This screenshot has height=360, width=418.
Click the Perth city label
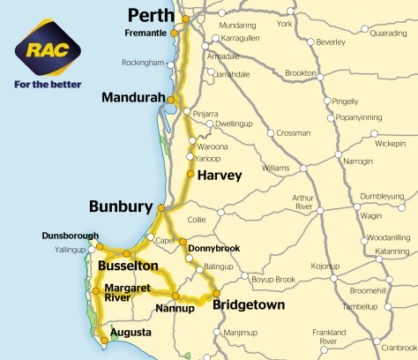152,15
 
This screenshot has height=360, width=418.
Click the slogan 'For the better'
46,86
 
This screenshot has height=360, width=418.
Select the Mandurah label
131,97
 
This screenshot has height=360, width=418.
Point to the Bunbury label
120,207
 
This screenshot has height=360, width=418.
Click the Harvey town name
220,175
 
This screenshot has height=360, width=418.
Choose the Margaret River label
130,293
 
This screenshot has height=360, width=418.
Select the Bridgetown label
250,305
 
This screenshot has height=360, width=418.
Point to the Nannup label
174,310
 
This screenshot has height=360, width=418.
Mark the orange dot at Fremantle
174,34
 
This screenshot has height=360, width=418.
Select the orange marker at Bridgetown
216,293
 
